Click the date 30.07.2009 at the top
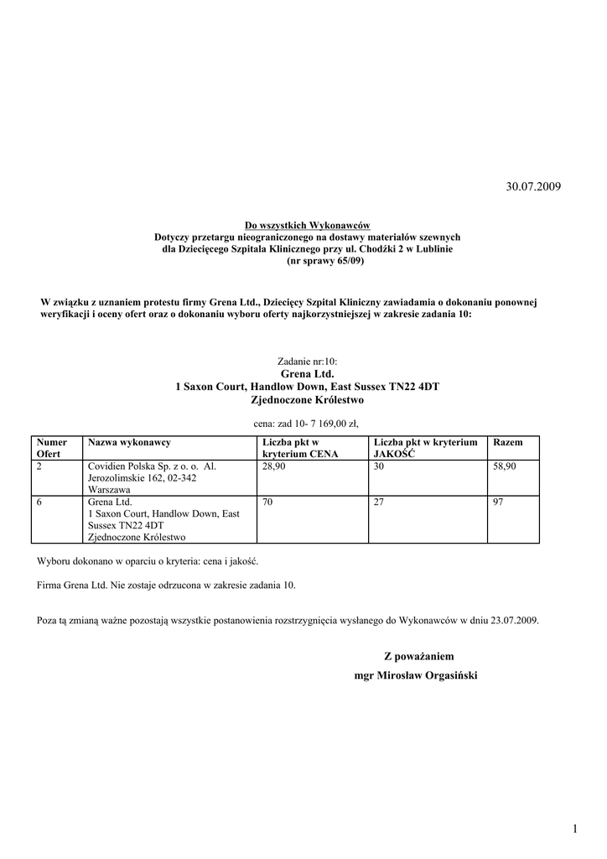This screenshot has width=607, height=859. tap(533, 185)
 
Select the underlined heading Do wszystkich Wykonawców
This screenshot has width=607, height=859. tap(307, 226)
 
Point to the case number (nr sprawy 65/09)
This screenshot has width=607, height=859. tap(307, 261)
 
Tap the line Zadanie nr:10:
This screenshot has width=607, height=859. tap(307, 362)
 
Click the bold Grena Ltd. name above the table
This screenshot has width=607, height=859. tap(307, 374)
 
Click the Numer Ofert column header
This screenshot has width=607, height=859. tap(53, 447)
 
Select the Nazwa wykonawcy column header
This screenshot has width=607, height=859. tap(129, 442)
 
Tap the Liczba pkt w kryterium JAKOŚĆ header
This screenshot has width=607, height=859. tap(425, 447)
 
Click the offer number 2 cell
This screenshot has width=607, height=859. tap(40, 466)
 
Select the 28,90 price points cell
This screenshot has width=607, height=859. tap(274, 466)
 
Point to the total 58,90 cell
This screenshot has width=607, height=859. tap(506, 466)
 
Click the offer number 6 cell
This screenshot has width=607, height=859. tap(40, 502)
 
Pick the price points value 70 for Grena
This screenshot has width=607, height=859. tap(267, 502)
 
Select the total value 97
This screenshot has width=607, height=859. tap(498, 502)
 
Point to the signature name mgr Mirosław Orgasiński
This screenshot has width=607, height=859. tap(416, 675)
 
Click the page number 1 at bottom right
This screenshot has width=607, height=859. tap(576, 830)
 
